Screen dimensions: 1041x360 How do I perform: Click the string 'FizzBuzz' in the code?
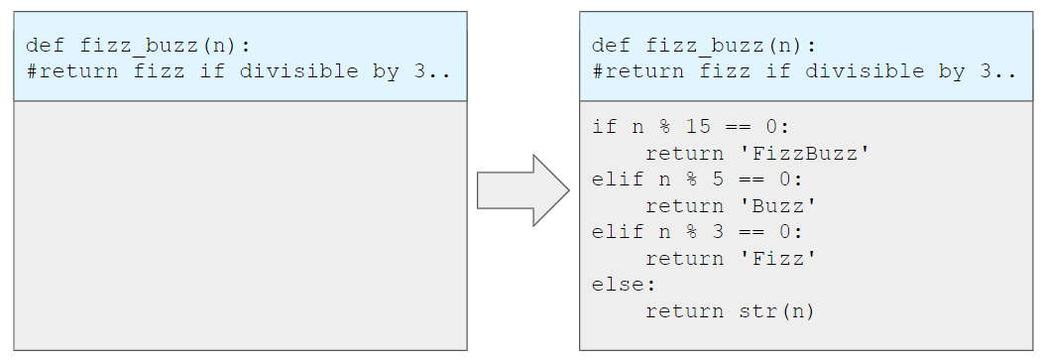(805, 154)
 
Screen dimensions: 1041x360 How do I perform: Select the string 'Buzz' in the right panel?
(778, 206)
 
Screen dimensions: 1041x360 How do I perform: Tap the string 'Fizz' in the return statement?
(778, 259)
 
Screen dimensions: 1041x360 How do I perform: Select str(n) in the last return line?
(776, 310)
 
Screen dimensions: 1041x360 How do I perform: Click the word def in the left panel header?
(46, 46)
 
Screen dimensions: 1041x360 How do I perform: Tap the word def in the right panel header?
(611, 46)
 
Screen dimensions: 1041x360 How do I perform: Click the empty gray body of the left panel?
(240, 225)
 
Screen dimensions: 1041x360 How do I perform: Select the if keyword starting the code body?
(604, 126)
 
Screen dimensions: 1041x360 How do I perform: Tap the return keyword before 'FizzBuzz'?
(684, 154)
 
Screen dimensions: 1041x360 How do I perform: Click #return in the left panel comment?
(72, 71)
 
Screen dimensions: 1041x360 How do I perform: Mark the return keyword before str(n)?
(684, 311)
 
